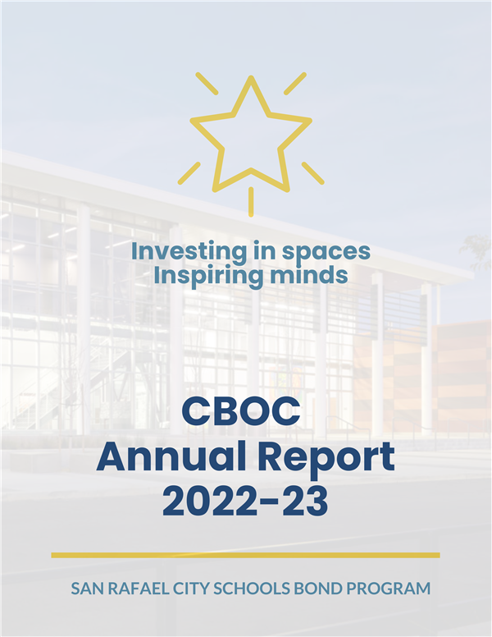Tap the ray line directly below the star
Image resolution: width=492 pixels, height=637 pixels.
[251, 202]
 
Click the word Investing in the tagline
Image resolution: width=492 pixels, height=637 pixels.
[189, 252]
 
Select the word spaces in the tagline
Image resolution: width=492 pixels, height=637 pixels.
[326, 253]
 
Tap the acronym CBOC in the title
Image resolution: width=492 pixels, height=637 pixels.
[241, 411]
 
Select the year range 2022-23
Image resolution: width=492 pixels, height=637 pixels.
[245, 502]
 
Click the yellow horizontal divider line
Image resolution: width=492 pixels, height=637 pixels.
[246, 555]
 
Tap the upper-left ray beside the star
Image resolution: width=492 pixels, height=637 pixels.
[207, 84]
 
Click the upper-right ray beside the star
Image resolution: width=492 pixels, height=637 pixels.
[295, 84]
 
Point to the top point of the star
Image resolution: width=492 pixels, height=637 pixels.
[251, 77]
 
